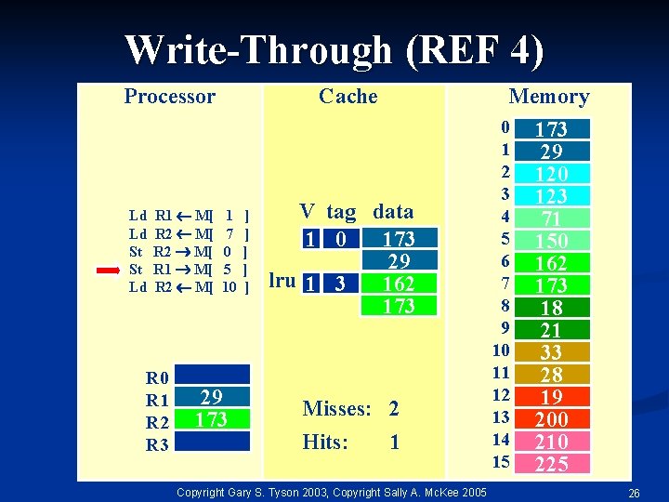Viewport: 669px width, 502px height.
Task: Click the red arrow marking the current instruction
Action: [x=108, y=271]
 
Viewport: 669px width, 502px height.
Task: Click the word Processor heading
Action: [x=169, y=97]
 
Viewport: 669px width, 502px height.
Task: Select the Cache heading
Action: [x=348, y=97]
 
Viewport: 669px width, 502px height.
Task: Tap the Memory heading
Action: [x=548, y=97]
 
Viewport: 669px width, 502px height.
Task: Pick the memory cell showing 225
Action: [x=552, y=464]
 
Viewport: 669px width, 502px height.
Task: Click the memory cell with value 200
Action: [x=552, y=419]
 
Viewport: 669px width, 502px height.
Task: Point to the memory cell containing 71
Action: [x=552, y=218]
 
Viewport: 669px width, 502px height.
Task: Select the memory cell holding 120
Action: [x=552, y=174]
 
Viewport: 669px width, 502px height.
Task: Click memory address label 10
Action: [x=501, y=350]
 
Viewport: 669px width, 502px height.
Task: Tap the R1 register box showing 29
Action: [x=212, y=398]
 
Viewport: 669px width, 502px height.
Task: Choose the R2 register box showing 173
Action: [x=212, y=419]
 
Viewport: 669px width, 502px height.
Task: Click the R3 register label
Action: [x=157, y=444]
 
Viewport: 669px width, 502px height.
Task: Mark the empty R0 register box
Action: [x=212, y=376]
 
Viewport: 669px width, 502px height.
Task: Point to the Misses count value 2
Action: [x=394, y=409]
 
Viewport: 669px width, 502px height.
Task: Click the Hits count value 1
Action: [x=394, y=443]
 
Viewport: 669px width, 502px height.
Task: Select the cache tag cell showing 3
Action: [x=342, y=283]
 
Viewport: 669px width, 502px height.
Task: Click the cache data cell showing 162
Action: [x=399, y=283]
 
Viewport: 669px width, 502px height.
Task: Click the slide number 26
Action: [x=634, y=491]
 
